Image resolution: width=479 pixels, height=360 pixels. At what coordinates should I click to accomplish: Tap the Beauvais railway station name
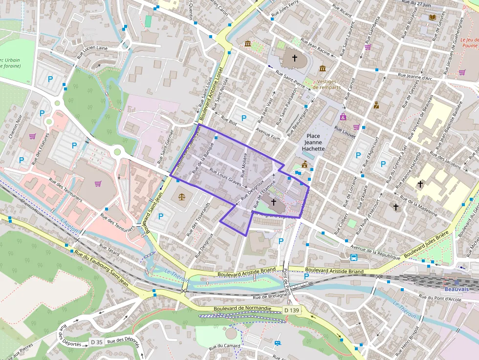(x=457, y=289)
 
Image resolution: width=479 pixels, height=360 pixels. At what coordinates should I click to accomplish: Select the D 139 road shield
(x=292, y=310)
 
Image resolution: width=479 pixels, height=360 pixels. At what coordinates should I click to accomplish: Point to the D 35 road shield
(x=97, y=341)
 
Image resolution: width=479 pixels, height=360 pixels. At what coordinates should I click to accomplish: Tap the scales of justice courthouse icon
(x=182, y=196)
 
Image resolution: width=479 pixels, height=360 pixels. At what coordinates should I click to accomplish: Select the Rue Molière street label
(x=245, y=164)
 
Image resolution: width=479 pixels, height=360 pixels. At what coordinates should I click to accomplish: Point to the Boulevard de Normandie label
(x=242, y=308)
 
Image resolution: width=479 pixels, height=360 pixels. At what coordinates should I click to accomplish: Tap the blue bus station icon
(x=353, y=257)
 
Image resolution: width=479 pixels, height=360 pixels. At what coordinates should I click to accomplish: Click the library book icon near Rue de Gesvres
(x=432, y=18)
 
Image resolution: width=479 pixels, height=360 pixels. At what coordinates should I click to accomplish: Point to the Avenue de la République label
(x=372, y=252)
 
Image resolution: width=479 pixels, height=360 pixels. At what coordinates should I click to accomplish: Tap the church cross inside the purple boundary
(x=273, y=201)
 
